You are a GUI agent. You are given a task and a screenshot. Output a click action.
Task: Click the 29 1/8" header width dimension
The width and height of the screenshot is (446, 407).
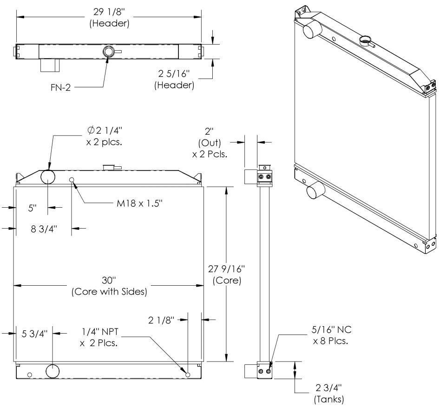110,17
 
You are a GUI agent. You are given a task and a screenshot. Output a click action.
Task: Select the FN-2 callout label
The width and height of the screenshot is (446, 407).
60,87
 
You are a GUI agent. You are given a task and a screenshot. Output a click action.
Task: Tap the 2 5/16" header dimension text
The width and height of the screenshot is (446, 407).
174,79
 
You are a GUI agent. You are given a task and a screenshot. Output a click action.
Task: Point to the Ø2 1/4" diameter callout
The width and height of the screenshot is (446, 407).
105,136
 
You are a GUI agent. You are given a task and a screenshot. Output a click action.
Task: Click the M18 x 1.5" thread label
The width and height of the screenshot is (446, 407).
139,203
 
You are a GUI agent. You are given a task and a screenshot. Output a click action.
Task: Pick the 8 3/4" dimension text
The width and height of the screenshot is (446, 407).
44,229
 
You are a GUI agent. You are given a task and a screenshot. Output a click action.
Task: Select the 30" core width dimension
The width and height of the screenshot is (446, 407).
109,286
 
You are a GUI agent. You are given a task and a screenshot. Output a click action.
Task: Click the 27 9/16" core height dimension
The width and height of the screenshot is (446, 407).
227,275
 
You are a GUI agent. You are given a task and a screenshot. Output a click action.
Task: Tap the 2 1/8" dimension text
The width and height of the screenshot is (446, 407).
161,320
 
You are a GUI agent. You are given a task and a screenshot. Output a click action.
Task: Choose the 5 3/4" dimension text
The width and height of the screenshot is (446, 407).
34,333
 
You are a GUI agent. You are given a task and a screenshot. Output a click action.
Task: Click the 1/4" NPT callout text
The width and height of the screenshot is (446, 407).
99,337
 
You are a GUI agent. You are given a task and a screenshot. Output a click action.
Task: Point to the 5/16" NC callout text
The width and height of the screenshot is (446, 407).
331,335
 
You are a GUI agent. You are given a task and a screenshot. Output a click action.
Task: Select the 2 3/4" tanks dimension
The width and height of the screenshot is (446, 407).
329,394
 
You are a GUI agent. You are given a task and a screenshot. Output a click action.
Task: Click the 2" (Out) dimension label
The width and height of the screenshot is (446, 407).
210,143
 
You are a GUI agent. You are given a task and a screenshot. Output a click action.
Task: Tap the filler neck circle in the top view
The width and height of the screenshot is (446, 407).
108,52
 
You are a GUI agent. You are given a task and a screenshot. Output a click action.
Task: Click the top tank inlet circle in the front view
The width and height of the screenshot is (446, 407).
48,177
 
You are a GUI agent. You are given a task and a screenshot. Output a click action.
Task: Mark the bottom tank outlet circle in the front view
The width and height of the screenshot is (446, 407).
52,371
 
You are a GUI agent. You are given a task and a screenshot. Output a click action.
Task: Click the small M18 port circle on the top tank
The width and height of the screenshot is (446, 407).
72,179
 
